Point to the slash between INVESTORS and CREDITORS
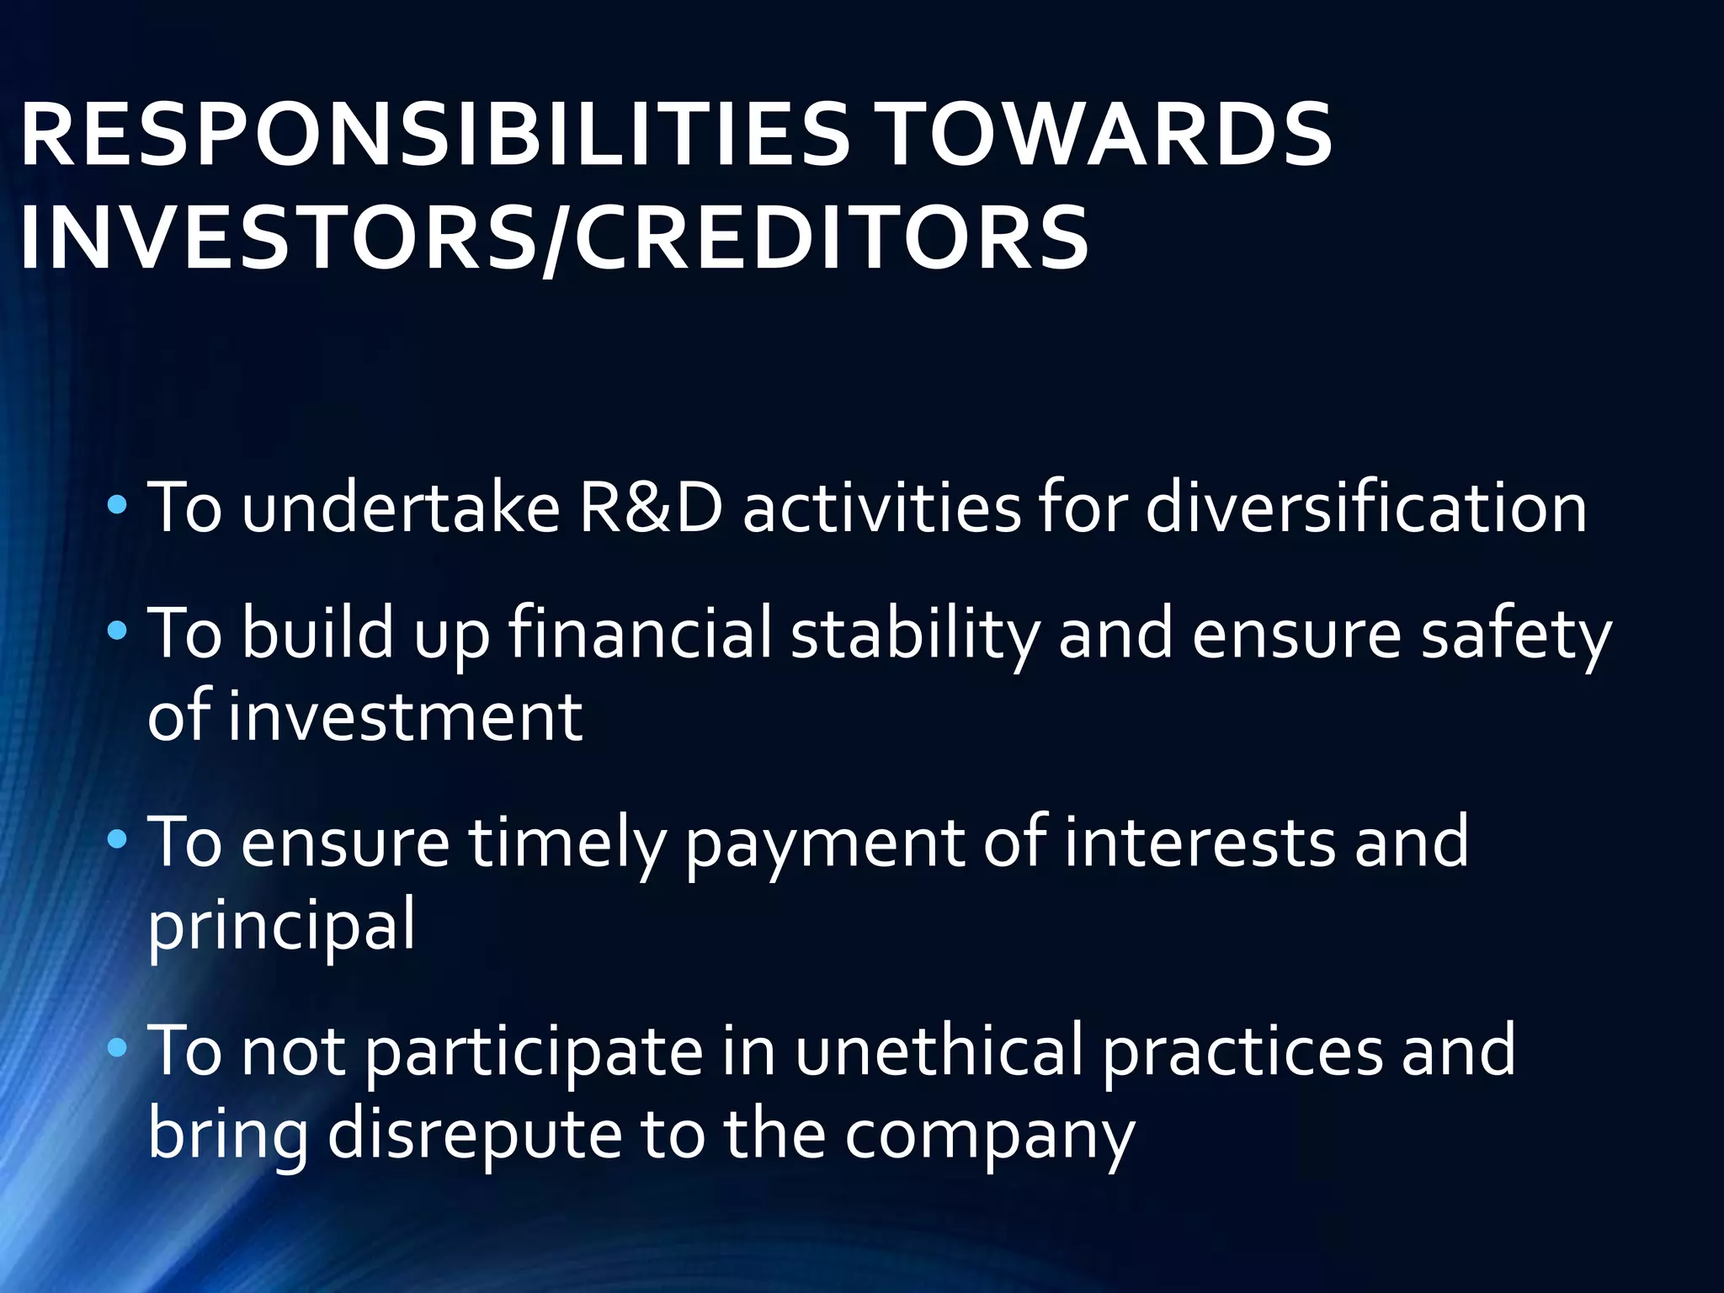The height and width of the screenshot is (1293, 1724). (556, 240)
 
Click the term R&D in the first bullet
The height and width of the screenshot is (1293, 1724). (651, 508)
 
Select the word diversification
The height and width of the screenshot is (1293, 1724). (1365, 508)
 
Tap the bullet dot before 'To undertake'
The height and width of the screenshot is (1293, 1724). (117, 506)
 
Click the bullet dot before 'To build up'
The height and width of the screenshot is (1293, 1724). (117, 631)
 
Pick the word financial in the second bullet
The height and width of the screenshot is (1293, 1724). (641, 633)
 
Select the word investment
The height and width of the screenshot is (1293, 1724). (405, 717)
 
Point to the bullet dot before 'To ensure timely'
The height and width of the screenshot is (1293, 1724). (117, 838)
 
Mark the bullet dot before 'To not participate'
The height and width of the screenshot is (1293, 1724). (117, 1047)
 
